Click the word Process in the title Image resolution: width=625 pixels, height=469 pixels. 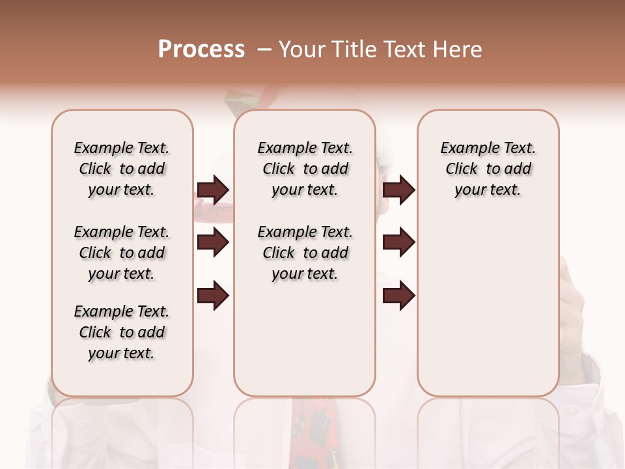point(201,50)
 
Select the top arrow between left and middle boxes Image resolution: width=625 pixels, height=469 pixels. point(213,190)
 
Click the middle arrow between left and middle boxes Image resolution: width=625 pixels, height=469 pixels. point(213,242)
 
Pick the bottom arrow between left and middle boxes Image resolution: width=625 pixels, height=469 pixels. point(213,296)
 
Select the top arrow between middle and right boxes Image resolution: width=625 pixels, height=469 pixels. point(398,190)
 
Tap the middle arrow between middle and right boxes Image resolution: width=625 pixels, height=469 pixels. point(398,242)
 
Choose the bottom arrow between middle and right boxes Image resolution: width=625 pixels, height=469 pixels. point(398,296)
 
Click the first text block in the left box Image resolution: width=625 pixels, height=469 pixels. point(122,169)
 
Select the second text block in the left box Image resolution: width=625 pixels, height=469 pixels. point(122,253)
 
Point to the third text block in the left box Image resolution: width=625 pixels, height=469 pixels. point(122,332)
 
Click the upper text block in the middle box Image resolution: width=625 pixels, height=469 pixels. point(305,169)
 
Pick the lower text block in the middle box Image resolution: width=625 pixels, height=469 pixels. point(305,253)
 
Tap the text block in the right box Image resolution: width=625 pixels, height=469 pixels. point(488,169)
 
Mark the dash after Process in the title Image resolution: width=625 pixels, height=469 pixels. point(264,50)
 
